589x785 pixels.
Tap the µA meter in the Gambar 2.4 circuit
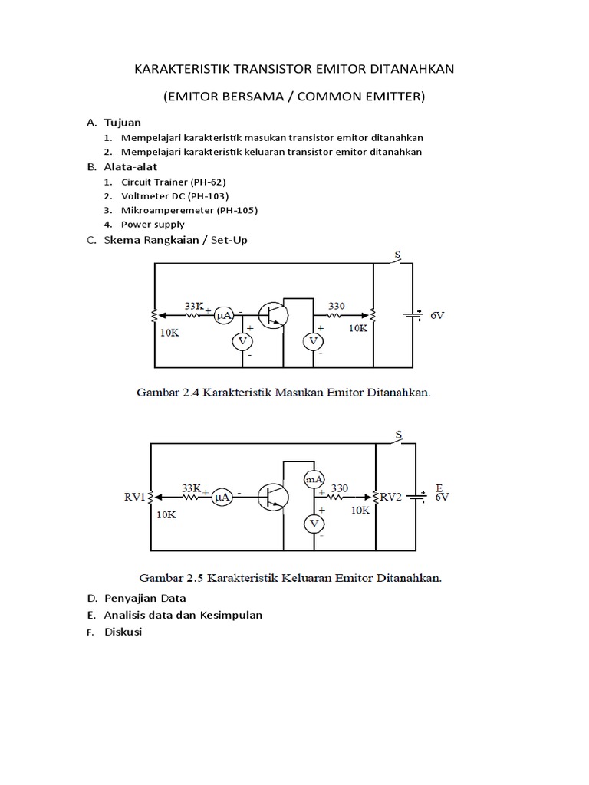click(224, 314)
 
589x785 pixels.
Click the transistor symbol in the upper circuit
click(272, 314)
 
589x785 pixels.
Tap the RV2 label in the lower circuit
click(393, 497)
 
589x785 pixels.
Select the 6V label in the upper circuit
click(437, 315)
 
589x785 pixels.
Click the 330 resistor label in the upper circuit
click(336, 306)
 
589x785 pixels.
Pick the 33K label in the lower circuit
click(192, 488)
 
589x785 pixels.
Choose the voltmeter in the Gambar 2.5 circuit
click(314, 523)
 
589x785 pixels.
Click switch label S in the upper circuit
click(397, 254)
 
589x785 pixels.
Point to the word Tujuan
click(123, 123)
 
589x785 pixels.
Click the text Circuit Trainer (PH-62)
click(173, 182)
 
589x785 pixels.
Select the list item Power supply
click(153, 225)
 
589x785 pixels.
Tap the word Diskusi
click(123, 632)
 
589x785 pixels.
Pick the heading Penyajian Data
click(145, 598)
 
